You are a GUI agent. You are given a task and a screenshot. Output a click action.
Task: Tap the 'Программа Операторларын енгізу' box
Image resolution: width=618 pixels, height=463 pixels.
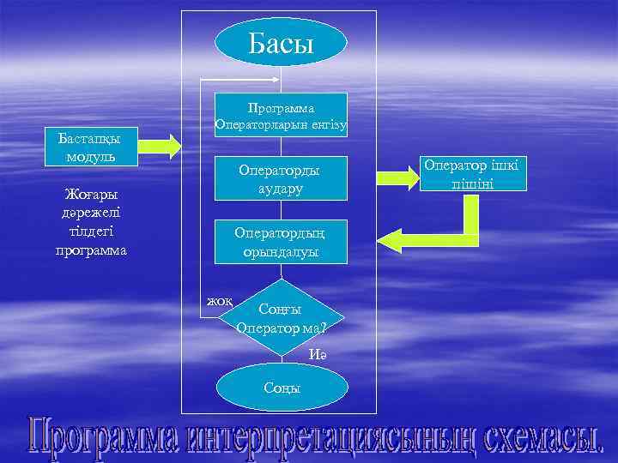pyautogui.click(x=281, y=117)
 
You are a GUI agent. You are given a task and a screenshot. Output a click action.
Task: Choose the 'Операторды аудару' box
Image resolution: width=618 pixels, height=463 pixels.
pyautogui.click(x=281, y=179)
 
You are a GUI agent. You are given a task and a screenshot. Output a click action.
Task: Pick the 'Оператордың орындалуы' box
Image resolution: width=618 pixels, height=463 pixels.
pyautogui.click(x=281, y=242)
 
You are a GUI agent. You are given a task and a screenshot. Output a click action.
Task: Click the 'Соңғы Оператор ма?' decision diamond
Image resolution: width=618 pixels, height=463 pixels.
pyautogui.click(x=281, y=317)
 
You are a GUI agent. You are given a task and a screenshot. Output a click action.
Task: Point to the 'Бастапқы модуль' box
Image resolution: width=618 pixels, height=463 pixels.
pyautogui.click(x=83, y=147)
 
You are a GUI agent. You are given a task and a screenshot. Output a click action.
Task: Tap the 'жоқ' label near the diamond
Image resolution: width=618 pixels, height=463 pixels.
pyautogui.click(x=220, y=301)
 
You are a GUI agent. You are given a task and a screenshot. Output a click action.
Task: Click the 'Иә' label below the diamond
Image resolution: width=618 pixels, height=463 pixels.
pyautogui.click(x=320, y=354)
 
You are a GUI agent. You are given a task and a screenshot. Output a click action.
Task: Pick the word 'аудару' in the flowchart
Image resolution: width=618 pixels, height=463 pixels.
pyautogui.click(x=281, y=189)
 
